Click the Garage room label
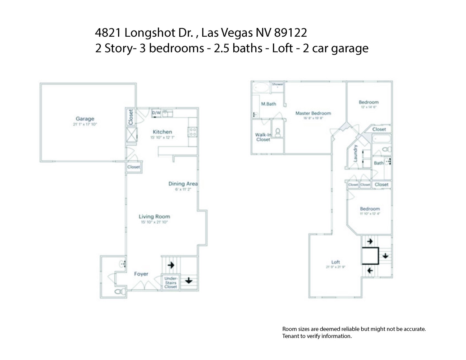(x=85, y=119)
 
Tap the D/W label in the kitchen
(x=156, y=113)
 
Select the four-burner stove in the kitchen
(x=193, y=132)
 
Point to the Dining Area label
(x=183, y=184)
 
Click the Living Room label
(x=154, y=216)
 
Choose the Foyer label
(x=141, y=274)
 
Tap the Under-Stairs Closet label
(x=171, y=283)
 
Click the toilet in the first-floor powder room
(x=120, y=291)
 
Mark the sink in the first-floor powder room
(x=122, y=264)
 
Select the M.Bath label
(x=268, y=104)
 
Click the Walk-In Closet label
(x=263, y=137)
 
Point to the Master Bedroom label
(x=313, y=113)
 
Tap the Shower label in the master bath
(x=277, y=84)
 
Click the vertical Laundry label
(x=356, y=153)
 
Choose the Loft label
(x=336, y=262)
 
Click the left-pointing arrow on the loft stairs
(x=370, y=271)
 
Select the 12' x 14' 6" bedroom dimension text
(x=368, y=107)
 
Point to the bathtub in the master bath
(x=261, y=88)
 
